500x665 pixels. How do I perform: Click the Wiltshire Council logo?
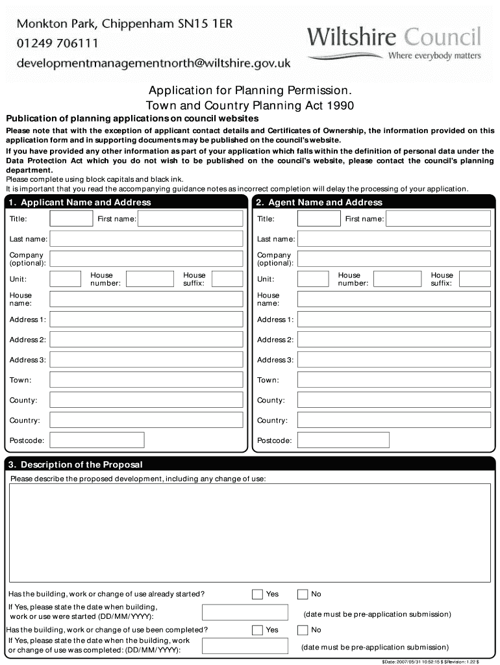click(394, 43)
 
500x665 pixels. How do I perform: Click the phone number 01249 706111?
click(57, 44)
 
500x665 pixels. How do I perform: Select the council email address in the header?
click(153, 63)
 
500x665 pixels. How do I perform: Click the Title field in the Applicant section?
click(71, 219)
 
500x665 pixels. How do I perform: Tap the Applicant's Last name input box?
click(147, 239)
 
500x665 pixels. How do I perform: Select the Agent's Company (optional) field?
click(394, 259)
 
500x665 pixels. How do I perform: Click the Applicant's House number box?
click(149, 279)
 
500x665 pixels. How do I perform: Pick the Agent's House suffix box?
click(475, 279)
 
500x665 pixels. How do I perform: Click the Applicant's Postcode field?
click(97, 440)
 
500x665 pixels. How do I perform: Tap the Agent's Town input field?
click(394, 380)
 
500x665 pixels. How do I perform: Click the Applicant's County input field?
click(147, 400)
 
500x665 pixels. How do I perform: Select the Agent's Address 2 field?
click(394, 340)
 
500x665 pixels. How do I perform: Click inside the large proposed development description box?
click(249, 533)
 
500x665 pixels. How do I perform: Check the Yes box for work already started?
click(257, 594)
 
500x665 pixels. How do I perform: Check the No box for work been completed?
click(303, 630)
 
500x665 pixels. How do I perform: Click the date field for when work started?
click(244, 612)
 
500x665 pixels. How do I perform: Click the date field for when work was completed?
click(244, 647)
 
